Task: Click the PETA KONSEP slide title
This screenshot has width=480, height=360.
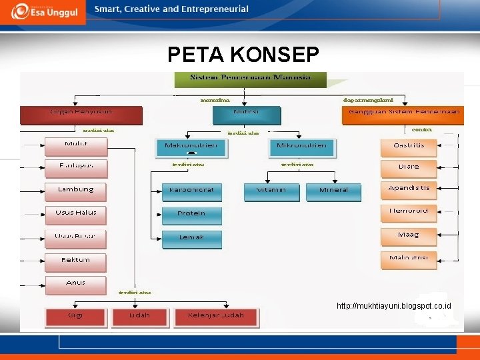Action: coord(243,53)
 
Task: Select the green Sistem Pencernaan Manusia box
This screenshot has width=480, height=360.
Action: coord(251,79)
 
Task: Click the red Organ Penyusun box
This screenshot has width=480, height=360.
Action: coord(81,115)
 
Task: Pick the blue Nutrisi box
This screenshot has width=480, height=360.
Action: coord(247,115)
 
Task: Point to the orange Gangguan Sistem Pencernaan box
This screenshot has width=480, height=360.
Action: coord(405,115)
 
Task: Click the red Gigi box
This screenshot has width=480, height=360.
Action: coord(75,317)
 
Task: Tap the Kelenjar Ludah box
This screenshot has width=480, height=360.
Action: coord(216,317)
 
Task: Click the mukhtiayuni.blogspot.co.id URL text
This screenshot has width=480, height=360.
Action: coord(394,305)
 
